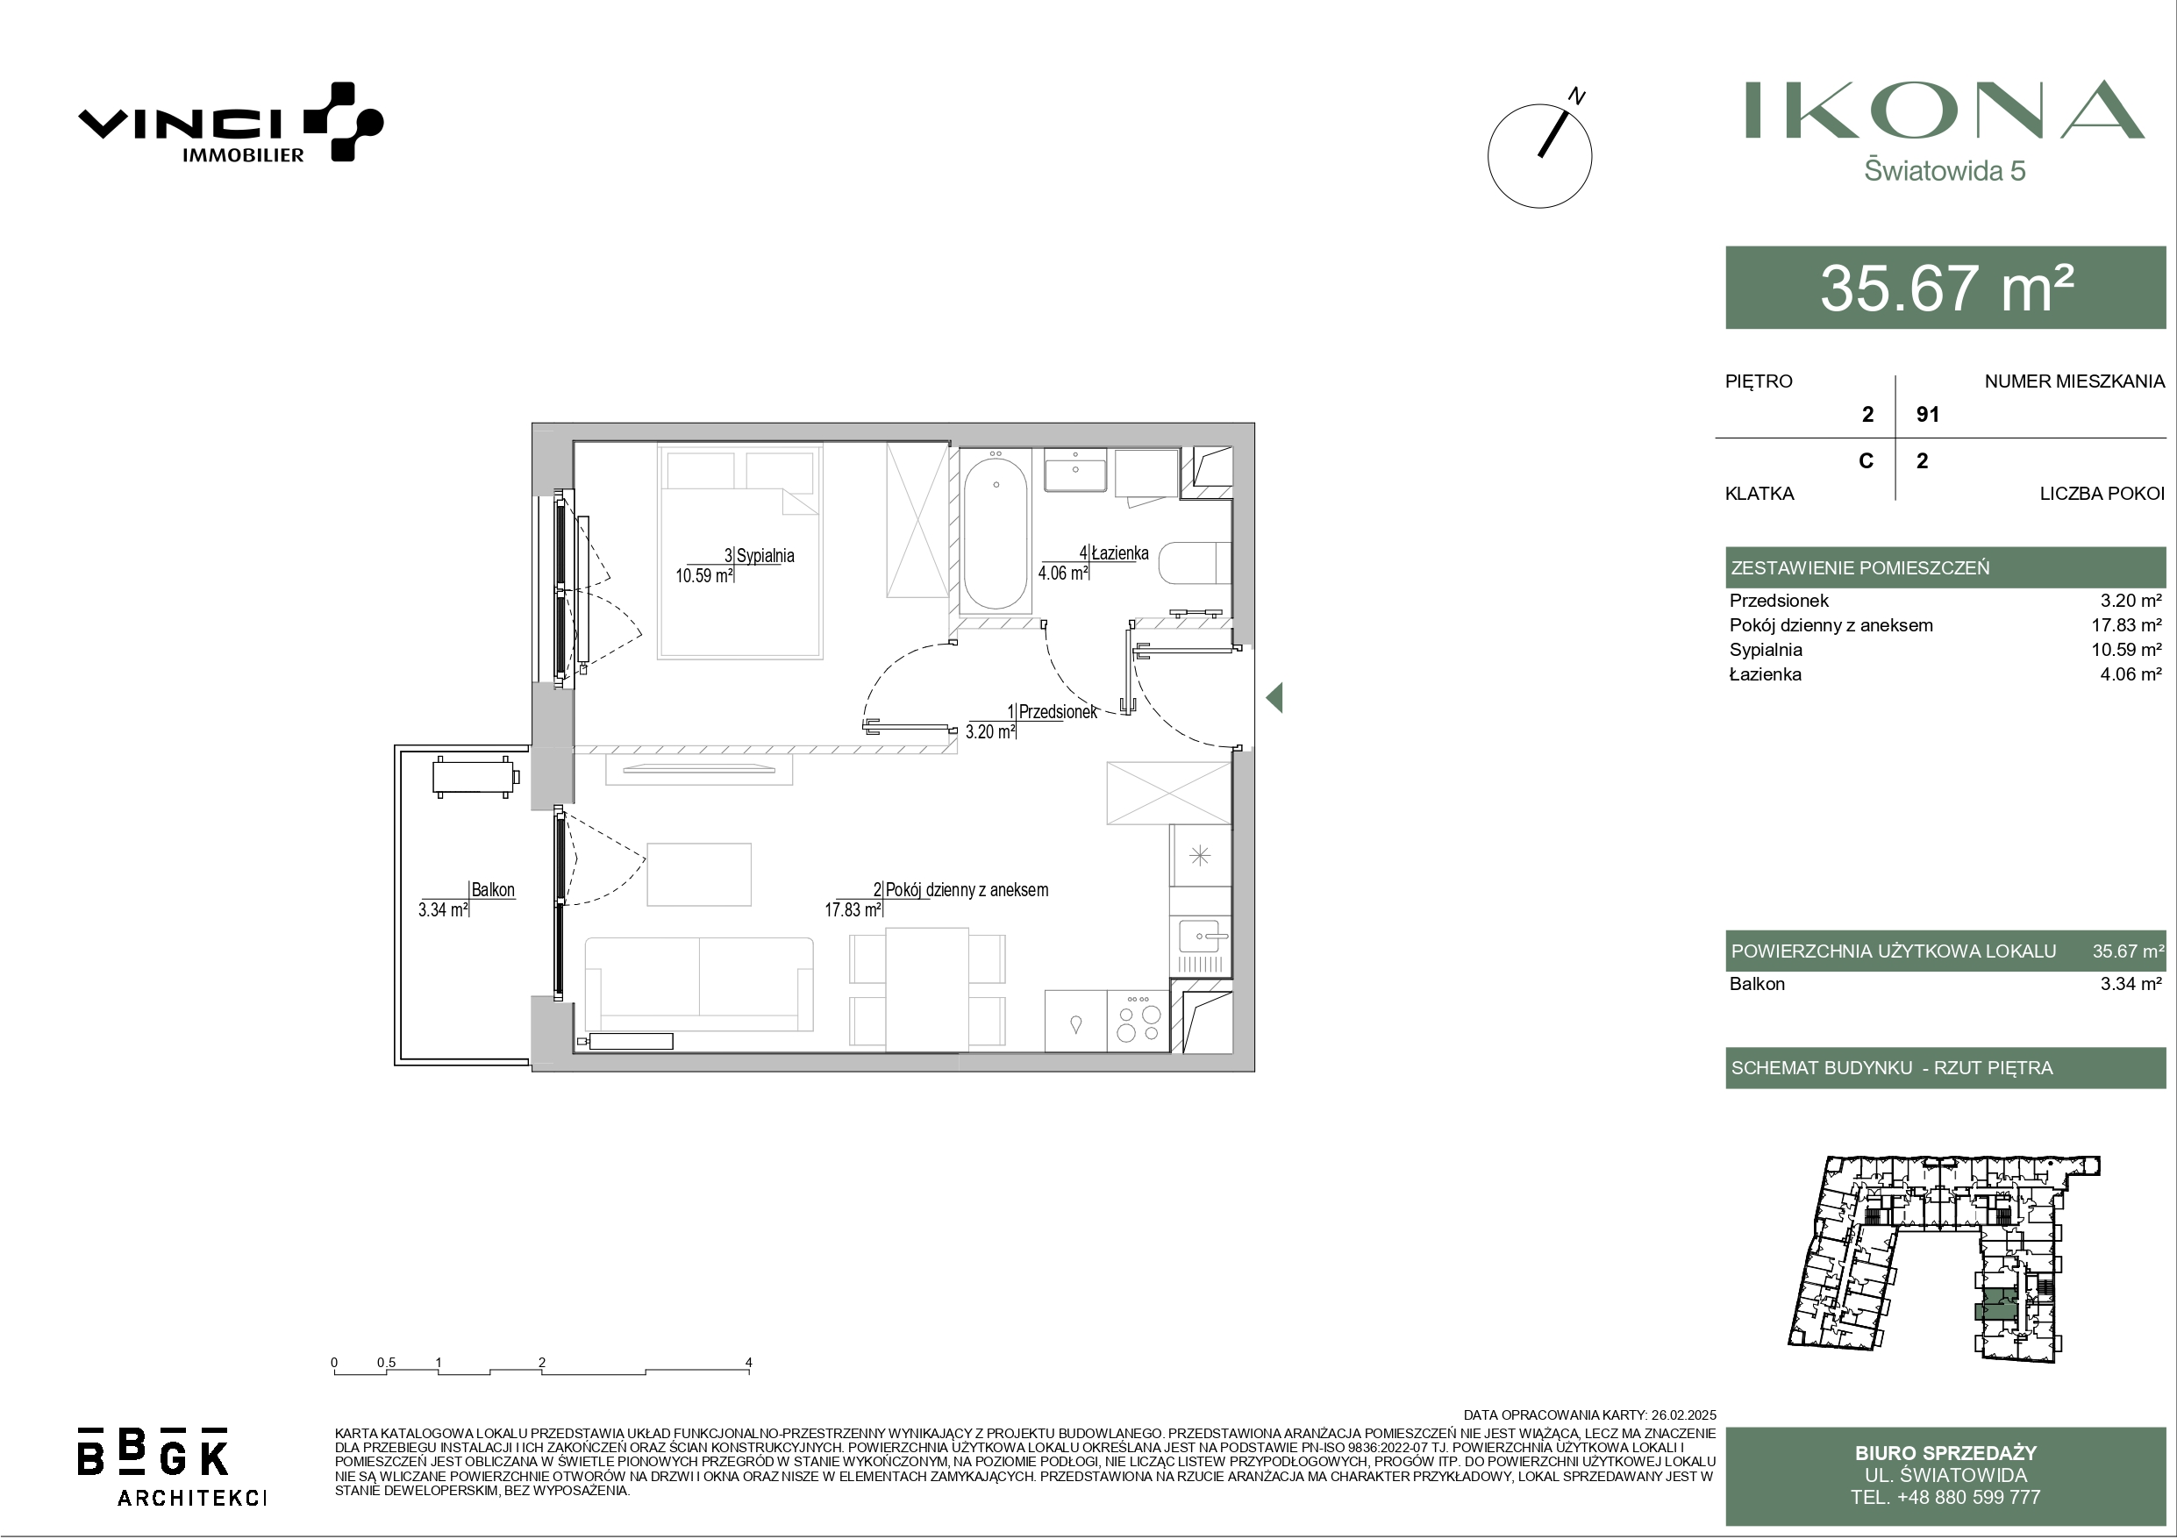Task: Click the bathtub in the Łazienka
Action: [996, 534]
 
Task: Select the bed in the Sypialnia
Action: [740, 551]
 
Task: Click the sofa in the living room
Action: [699, 984]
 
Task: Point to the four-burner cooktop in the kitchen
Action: [1138, 1021]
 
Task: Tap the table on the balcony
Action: [475, 777]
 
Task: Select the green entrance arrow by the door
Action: [1274, 698]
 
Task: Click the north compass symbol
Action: [1540, 153]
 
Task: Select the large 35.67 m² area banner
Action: [1945, 288]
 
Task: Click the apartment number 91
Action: [1928, 415]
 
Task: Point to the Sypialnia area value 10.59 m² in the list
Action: [2131, 650]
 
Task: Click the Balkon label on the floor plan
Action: [493, 889]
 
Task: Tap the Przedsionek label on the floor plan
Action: [1057, 711]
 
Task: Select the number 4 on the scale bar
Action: [749, 1363]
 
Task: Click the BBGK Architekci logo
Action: [172, 1466]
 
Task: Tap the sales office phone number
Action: [1945, 1497]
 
